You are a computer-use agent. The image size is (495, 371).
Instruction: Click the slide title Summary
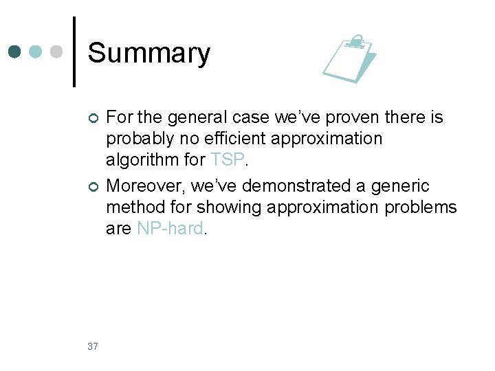click(x=149, y=53)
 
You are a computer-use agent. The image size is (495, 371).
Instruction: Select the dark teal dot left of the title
click(x=15, y=52)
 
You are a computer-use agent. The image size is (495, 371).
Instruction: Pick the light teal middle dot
click(x=36, y=52)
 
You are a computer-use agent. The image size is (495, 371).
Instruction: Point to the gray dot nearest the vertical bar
click(x=58, y=52)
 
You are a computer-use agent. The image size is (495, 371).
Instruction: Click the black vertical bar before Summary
click(x=74, y=52)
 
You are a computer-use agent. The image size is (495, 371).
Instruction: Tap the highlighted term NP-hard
click(x=170, y=229)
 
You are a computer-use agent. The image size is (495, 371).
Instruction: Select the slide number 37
click(x=93, y=346)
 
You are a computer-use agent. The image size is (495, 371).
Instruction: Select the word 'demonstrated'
click(x=312, y=186)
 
